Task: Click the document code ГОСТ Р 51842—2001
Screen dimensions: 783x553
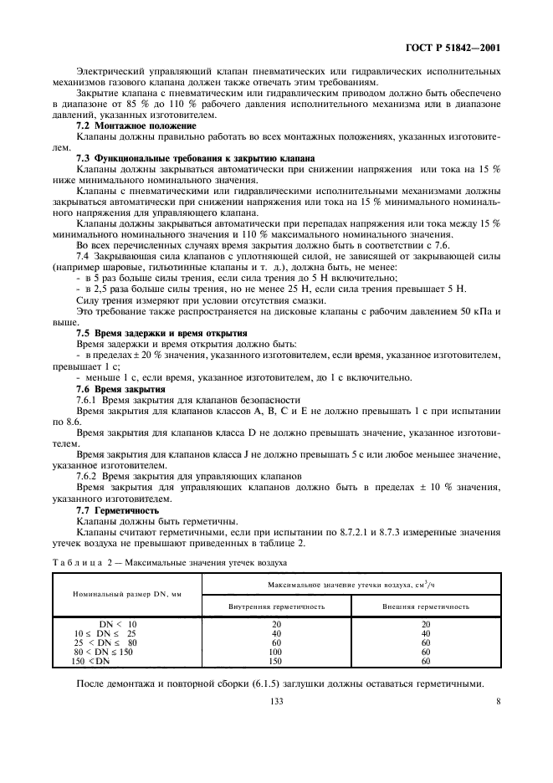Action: pyautogui.click(x=451, y=48)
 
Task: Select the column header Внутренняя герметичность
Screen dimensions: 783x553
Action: pyautogui.click(x=276, y=605)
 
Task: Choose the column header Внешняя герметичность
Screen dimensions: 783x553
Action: pyautogui.click(x=426, y=605)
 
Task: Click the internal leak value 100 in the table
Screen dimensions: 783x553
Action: pyautogui.click(x=276, y=652)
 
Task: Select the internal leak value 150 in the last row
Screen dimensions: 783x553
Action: pyautogui.click(x=276, y=661)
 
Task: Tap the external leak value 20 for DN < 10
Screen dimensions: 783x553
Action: pyautogui.click(x=426, y=624)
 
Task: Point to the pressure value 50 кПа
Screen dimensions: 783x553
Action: pyautogui.click(x=476, y=311)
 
